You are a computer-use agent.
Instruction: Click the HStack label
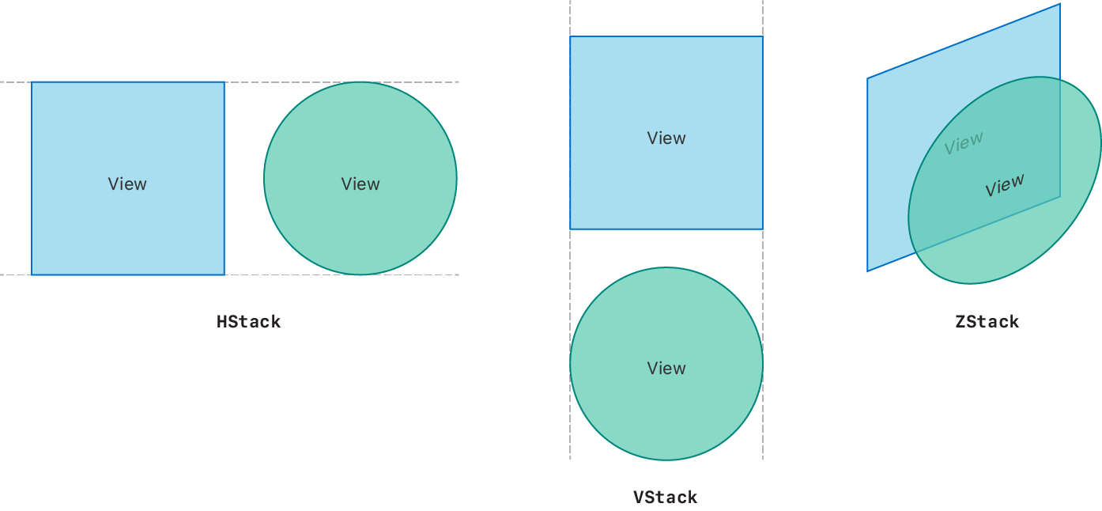[x=248, y=322]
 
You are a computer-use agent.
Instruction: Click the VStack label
[x=665, y=498]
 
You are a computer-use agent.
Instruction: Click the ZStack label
[x=987, y=322]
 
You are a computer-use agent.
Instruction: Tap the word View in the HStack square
[x=127, y=184]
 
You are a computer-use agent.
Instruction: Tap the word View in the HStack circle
[x=360, y=184]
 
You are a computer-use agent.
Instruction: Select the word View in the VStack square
[x=666, y=138]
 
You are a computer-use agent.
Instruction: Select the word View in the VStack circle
[x=666, y=369]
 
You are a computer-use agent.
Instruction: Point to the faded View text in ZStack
[x=964, y=143]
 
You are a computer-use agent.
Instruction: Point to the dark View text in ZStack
[x=1005, y=185]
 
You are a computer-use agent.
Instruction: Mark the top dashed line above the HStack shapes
[x=245, y=82]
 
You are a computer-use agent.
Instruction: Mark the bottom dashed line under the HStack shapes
[x=245, y=275]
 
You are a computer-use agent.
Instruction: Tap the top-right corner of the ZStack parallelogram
[x=1059, y=5]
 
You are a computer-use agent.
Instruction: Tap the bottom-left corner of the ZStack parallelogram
[x=868, y=271]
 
